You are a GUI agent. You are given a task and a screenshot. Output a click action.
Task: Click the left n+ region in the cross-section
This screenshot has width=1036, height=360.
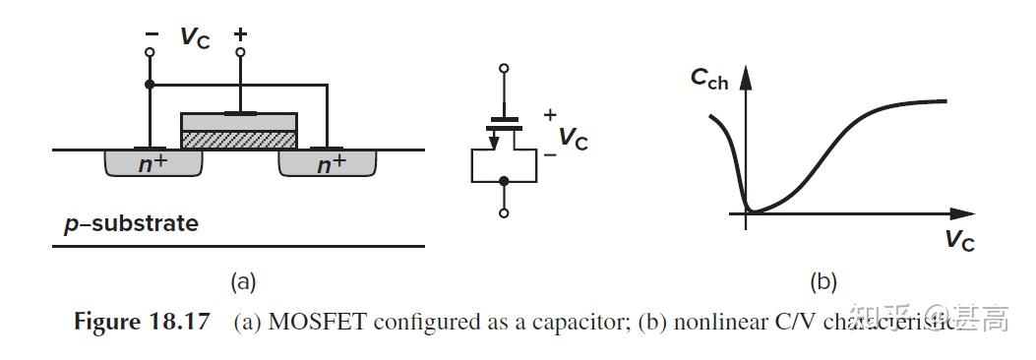click(152, 164)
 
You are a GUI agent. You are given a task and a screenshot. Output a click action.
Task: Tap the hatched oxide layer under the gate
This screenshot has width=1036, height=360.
click(238, 140)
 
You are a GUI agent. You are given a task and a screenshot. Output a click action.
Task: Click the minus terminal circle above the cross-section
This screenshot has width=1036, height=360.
click(149, 51)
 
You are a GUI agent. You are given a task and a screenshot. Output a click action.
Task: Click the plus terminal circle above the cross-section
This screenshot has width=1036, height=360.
click(240, 51)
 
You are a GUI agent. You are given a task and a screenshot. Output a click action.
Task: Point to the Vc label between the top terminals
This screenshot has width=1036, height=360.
click(194, 38)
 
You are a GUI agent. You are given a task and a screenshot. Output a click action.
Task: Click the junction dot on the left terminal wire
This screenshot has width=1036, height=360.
click(149, 85)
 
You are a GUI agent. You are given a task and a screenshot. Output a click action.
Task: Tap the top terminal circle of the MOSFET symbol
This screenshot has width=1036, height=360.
click(504, 69)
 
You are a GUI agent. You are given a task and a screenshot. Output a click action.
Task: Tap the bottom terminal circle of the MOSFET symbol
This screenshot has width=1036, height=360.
click(504, 212)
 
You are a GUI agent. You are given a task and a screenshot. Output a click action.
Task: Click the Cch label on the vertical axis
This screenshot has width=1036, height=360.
click(709, 80)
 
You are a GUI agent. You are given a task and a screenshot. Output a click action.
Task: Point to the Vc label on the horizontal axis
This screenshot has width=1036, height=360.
click(959, 239)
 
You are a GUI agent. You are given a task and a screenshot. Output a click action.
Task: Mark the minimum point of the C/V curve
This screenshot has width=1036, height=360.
click(751, 210)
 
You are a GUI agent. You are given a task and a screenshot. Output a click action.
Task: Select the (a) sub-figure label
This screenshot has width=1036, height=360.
click(242, 282)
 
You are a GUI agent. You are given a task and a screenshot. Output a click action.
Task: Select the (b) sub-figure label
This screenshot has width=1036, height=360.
click(823, 282)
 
